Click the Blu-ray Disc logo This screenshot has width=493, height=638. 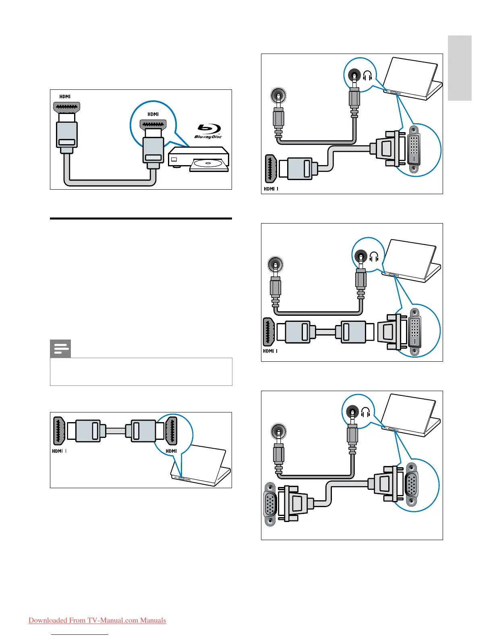208,131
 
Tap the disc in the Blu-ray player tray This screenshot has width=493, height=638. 207,164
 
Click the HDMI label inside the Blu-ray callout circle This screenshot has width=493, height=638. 153,114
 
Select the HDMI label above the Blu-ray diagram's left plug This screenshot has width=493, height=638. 65,97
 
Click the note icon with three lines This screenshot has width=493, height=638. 60,349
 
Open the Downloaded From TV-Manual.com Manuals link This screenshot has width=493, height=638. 97,620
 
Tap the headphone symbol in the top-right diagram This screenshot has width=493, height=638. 367,76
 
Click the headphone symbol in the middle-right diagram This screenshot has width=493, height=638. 374,257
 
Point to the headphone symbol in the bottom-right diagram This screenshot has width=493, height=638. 365,412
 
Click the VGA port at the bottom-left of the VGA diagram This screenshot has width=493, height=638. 270,504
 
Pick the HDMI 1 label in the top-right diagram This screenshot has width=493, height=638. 271,189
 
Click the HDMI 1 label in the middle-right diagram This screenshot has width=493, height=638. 270,351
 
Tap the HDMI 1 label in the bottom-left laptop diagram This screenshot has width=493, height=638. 59,451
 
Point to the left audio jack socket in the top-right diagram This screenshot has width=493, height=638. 278,96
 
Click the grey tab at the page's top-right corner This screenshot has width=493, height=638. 460,68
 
